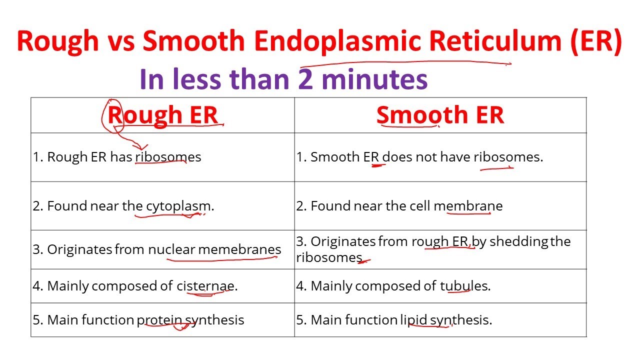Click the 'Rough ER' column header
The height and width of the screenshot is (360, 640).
click(x=163, y=115)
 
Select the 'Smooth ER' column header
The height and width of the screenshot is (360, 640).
click(x=440, y=115)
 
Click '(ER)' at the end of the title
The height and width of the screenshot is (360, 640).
click(x=594, y=41)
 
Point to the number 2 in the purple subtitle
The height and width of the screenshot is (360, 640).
click(x=305, y=79)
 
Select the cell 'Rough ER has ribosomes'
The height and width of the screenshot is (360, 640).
click(x=117, y=157)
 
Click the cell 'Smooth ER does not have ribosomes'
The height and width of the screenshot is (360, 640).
click(x=419, y=157)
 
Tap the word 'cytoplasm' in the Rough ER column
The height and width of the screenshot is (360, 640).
click(x=178, y=206)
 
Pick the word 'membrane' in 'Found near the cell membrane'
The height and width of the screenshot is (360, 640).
click(x=468, y=206)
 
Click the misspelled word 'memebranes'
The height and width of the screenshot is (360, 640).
click(x=239, y=249)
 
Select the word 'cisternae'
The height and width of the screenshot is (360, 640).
click(x=205, y=286)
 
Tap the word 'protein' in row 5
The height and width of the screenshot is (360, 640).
click(x=159, y=320)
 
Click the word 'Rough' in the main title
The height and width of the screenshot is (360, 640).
click(x=57, y=41)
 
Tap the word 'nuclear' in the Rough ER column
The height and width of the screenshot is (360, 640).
click(x=171, y=249)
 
